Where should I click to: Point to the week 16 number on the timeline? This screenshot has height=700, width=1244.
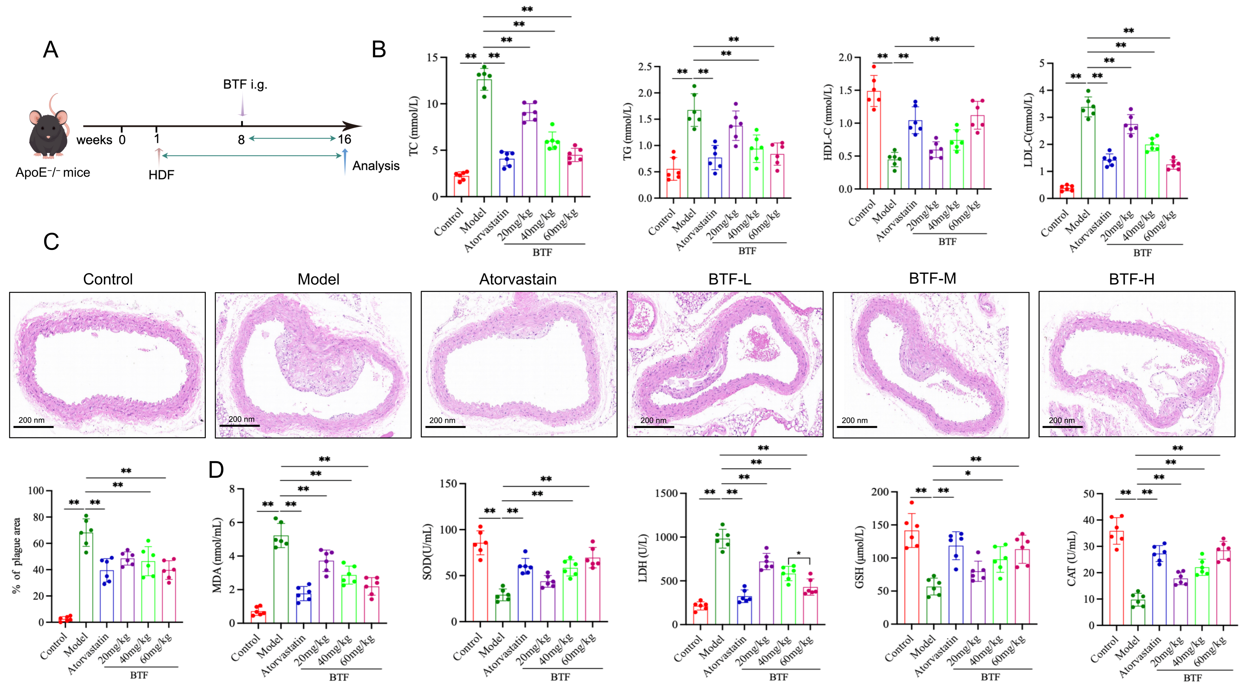[x=344, y=140]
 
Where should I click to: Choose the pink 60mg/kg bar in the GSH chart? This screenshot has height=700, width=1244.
[x=1022, y=586]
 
